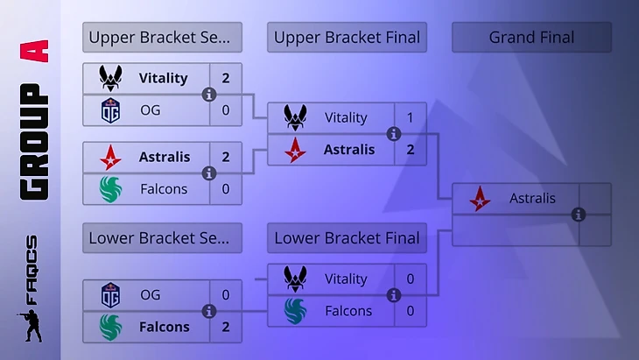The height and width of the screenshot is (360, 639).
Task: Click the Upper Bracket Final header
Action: [x=347, y=38]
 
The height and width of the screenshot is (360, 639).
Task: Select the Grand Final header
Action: [x=531, y=38]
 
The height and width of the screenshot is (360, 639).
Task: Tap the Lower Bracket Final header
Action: [x=347, y=238]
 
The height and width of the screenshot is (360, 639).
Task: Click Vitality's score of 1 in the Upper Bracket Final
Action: [x=411, y=117]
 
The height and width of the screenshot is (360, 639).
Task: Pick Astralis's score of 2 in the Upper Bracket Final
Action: [x=411, y=149]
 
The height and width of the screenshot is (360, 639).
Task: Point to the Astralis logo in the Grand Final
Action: [x=480, y=199]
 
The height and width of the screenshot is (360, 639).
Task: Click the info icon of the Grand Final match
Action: [x=578, y=215]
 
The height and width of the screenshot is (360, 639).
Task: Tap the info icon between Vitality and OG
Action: [x=208, y=95]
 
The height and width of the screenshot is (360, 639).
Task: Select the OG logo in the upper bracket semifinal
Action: [x=110, y=110]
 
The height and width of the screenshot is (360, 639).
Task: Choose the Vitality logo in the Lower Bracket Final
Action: [x=295, y=279]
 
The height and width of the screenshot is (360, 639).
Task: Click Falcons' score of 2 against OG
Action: [x=226, y=327]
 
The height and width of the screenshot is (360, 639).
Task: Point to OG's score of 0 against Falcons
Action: [x=226, y=295]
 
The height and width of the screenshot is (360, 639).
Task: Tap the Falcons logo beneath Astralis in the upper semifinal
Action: [x=110, y=188]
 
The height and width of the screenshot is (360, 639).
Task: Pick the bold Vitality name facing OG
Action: [x=163, y=78]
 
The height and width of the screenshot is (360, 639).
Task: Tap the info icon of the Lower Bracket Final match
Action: [x=393, y=295]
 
